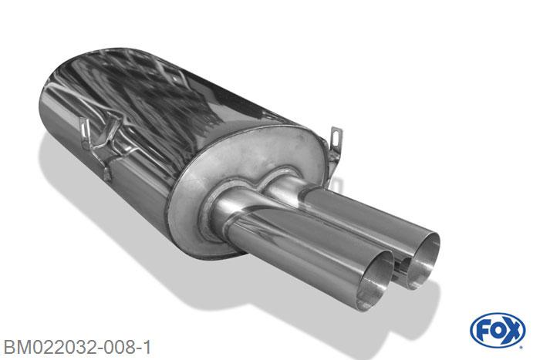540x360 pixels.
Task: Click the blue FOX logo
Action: (498, 330)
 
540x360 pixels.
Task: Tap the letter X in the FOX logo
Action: (512, 330)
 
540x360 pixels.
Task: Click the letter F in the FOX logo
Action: (482, 331)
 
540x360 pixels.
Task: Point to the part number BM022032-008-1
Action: (77, 347)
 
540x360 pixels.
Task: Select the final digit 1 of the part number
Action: (147, 347)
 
